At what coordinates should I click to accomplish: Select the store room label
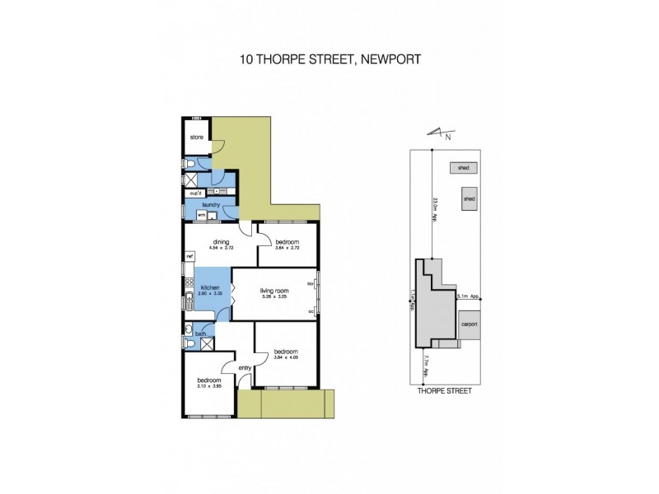(x=197, y=137)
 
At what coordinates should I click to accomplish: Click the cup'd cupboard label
(x=196, y=193)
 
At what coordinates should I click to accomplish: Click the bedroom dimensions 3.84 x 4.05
(x=285, y=357)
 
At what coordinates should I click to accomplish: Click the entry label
(x=244, y=368)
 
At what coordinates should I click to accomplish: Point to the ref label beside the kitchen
(x=189, y=256)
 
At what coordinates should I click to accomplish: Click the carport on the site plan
(x=469, y=324)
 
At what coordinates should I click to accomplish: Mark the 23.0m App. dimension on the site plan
(x=434, y=203)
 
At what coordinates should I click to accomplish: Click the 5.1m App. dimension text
(x=470, y=296)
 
